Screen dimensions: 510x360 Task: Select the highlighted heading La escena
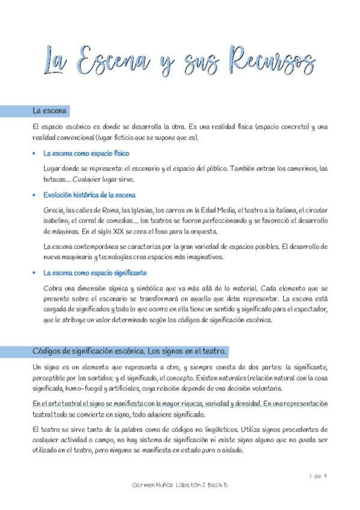(50, 111)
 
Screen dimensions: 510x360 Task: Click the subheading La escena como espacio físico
(87, 153)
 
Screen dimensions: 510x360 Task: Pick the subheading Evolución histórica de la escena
(90, 195)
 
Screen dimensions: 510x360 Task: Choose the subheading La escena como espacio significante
(95, 272)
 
